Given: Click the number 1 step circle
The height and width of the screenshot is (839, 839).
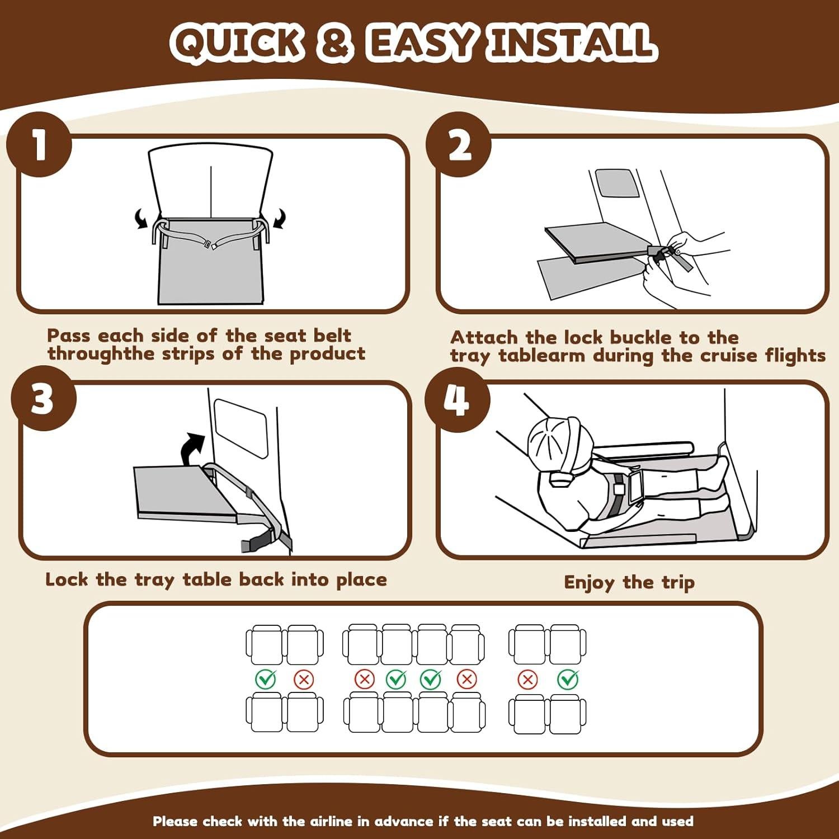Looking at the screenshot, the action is coord(39,145).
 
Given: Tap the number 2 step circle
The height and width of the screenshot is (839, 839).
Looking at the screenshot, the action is coord(459,145).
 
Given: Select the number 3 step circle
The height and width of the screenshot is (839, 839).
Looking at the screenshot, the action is coord(44,398).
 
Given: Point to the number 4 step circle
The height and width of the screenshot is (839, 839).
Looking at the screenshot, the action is coord(458,399).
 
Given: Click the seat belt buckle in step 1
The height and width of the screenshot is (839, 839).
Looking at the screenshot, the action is coord(211,244).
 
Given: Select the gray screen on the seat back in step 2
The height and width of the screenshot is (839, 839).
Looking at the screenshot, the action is coord(616,183).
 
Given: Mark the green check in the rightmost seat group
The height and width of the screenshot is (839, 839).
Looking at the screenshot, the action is coord(568,679).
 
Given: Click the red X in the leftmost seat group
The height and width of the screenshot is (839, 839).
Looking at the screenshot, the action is coord(304,680).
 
